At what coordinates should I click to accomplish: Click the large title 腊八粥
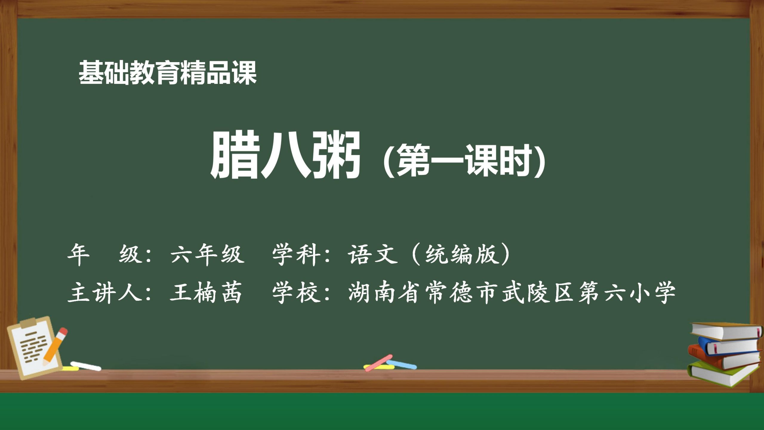pos(285,155)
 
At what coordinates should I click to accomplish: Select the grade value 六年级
pos(207,255)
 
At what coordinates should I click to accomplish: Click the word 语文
pos(373,255)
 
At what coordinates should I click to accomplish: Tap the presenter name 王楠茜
pos(206,293)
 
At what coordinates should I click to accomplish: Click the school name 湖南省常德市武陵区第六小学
pos(512,293)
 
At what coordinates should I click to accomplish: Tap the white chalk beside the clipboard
pos(86,366)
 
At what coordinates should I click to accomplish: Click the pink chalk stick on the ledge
pos(378,363)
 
